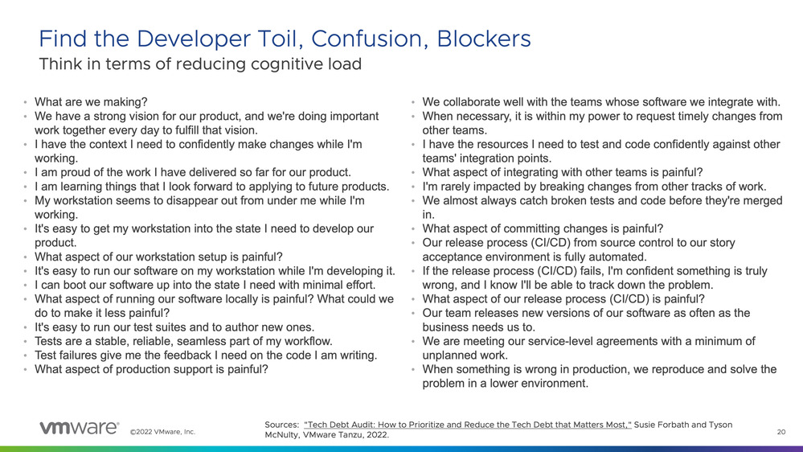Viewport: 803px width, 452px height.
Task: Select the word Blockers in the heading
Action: pos(483,39)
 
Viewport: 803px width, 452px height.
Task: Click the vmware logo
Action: pos(80,428)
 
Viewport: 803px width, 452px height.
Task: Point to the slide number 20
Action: pos(781,432)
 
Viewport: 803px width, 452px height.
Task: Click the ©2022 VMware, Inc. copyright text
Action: pos(163,432)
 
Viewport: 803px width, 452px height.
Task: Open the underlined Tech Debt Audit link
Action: pos(468,425)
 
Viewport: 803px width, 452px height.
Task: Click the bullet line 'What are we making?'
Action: pos(91,102)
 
